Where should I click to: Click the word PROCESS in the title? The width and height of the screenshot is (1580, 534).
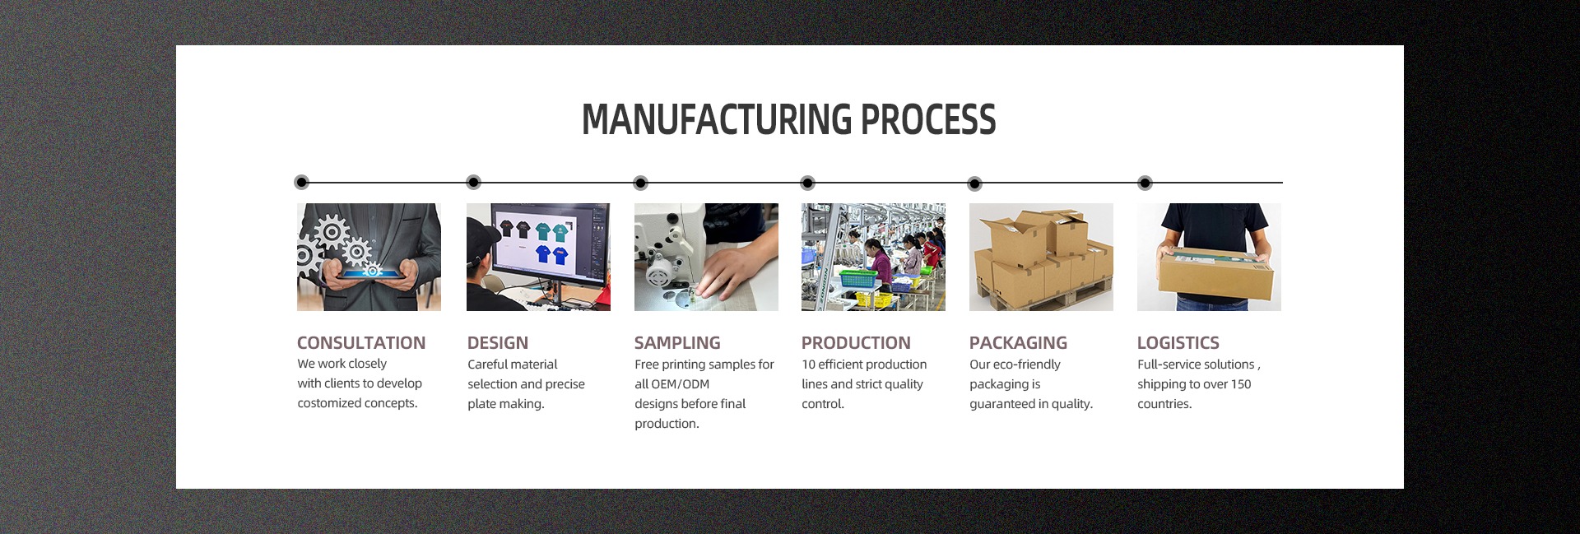pyautogui.click(x=928, y=119)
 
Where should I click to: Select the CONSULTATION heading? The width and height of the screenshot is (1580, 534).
pyautogui.click(x=361, y=342)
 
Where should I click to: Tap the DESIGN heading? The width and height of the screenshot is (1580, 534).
pyautogui.click(x=498, y=342)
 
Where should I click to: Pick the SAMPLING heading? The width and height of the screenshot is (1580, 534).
pyautogui.click(x=677, y=342)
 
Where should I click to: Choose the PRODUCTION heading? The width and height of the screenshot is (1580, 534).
pyautogui.click(x=856, y=342)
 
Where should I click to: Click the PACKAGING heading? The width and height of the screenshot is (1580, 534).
pyautogui.click(x=1018, y=342)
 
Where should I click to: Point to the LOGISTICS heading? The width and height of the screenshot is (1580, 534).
pyautogui.click(x=1178, y=342)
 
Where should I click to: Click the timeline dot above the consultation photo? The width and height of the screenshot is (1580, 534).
pyautogui.click(x=302, y=182)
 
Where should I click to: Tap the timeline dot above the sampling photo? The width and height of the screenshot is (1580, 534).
pyautogui.click(x=641, y=183)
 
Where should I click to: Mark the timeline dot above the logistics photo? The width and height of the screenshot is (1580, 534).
pyautogui.click(x=1145, y=183)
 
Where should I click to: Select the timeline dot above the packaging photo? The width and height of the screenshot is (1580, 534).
pyautogui.click(x=974, y=183)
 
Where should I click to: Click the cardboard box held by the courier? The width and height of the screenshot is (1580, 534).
pyautogui.click(x=1215, y=275)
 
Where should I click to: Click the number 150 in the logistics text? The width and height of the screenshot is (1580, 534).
pyautogui.click(x=1241, y=384)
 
